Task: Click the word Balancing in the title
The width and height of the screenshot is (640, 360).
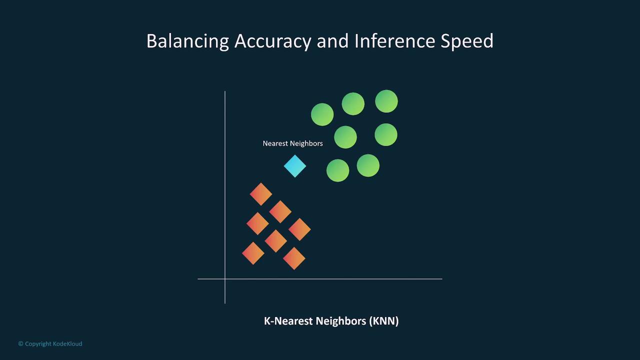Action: pos(187,41)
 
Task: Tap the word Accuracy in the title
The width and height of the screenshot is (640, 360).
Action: pos(272,41)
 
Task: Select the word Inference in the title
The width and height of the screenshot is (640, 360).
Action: pos(395,41)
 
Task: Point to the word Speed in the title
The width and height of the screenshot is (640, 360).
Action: pos(467,41)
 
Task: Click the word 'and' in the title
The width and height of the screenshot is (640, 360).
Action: pos(332,41)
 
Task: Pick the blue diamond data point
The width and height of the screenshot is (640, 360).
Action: pos(295,166)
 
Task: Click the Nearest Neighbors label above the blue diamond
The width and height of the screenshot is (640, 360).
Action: pos(292,143)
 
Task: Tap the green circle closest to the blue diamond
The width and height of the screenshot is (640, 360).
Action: pos(337,170)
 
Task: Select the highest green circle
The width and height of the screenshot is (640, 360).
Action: pos(386,101)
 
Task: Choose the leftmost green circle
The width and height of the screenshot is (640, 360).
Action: pos(322,114)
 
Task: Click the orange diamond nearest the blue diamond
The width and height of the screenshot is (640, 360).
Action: pos(261,194)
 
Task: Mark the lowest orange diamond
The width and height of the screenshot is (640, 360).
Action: pos(294,258)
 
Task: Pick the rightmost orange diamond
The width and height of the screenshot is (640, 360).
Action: pos(299,229)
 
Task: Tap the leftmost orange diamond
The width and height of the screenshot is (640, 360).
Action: pos(253,253)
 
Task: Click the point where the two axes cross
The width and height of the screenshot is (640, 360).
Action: pos(225,278)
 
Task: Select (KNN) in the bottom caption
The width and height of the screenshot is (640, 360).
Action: pos(383,321)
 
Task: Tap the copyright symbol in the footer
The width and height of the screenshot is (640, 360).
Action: pos(20,343)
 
